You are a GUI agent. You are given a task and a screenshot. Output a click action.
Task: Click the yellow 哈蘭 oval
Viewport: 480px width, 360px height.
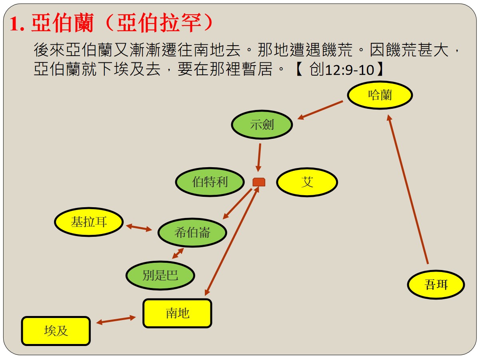click(x=380, y=95)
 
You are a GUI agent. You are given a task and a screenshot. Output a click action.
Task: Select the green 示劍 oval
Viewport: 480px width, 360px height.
click(x=262, y=124)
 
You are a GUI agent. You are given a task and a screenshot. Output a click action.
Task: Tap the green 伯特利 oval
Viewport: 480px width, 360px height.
click(x=210, y=182)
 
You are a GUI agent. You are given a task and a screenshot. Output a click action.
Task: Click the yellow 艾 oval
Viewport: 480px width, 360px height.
click(x=307, y=182)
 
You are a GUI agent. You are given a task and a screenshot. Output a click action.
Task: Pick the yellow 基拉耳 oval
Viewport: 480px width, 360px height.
click(x=89, y=222)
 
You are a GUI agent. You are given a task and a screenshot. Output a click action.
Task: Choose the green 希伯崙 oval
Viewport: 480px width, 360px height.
click(x=192, y=232)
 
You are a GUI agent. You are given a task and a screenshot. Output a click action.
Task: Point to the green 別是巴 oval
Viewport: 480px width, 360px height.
click(x=160, y=275)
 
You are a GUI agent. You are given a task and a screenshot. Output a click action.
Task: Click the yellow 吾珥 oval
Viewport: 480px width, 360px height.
click(x=436, y=284)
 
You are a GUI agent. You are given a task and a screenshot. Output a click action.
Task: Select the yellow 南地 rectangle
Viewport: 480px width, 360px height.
click(x=177, y=313)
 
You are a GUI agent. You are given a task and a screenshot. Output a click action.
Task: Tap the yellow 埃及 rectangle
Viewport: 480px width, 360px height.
click(x=56, y=331)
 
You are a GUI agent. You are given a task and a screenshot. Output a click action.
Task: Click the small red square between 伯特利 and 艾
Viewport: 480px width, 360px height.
click(x=259, y=182)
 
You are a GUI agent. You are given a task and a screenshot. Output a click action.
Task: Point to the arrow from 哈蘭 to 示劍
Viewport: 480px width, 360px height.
click(x=320, y=110)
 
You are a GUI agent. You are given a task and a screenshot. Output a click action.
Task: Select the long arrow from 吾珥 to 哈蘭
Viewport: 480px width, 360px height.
click(x=408, y=189)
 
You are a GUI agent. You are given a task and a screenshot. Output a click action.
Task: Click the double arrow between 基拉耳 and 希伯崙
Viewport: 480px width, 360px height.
click(x=139, y=228)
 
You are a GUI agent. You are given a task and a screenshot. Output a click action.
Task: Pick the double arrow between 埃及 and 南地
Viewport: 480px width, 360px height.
click(x=116, y=320)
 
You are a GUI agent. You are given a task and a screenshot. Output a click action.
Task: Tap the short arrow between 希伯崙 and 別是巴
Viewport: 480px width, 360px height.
click(x=178, y=253)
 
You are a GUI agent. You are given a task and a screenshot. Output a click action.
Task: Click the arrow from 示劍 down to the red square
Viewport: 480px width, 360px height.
click(x=259, y=157)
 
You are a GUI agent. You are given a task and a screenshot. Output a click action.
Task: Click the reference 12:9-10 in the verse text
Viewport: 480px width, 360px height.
click(x=350, y=70)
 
